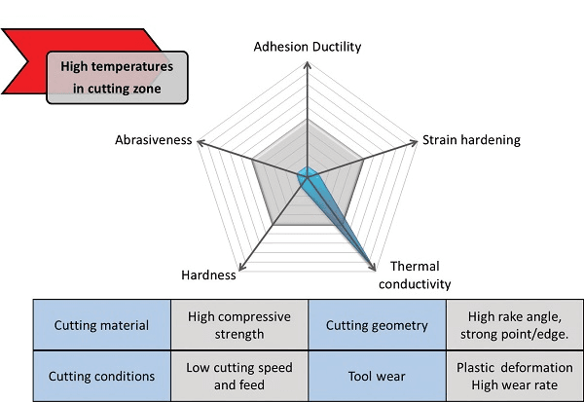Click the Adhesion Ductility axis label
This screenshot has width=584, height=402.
308,47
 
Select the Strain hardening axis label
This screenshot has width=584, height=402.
471,140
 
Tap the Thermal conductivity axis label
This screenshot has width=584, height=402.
415,274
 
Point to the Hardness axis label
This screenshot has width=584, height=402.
208,274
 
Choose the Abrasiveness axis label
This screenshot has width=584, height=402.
154,140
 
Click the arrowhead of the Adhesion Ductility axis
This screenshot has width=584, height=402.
308,65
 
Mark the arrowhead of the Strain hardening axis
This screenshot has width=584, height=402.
413,143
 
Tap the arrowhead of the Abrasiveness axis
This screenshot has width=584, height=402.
201,143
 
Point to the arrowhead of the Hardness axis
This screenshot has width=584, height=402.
242,267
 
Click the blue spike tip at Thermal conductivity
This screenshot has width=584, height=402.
374,268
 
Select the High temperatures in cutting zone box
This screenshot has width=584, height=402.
117,78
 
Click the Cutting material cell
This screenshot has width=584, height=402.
101,325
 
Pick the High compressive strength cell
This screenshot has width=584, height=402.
239,325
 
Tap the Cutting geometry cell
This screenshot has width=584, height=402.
377,325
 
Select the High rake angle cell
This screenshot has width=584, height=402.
515,325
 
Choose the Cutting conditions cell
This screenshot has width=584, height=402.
101,376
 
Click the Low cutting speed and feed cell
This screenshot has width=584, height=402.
239,376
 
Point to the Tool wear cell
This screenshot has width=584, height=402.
377,376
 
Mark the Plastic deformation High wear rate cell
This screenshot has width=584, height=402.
515,376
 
